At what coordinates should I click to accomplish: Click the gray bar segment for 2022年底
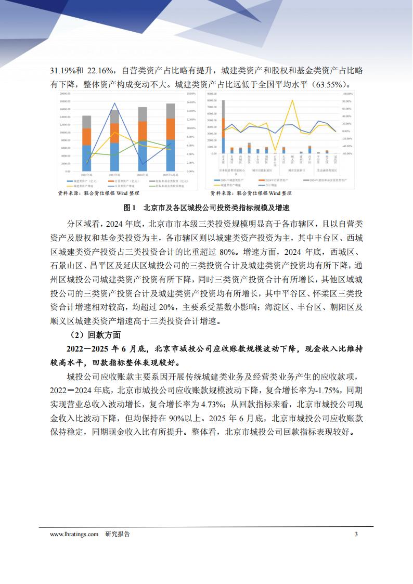point(86,122)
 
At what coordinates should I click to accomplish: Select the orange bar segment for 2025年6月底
point(171,129)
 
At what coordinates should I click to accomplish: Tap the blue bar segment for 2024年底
point(142,156)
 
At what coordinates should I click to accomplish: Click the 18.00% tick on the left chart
point(190,94)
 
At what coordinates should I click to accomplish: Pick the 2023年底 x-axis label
point(114,175)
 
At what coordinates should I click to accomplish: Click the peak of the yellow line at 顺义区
point(293,100)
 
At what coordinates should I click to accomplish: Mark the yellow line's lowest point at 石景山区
point(276,151)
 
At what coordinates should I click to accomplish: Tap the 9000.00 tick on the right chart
point(211,94)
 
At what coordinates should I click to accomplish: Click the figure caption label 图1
point(130,207)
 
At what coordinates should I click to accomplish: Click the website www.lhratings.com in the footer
point(74,534)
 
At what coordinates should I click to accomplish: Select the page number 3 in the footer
point(356,534)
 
